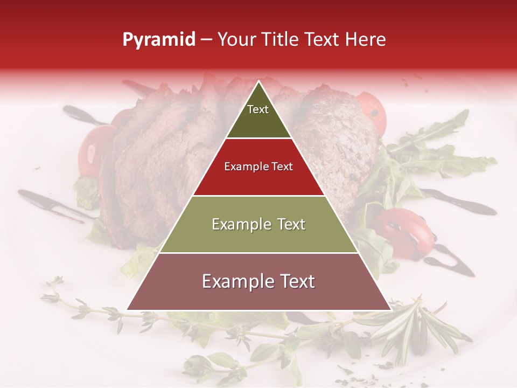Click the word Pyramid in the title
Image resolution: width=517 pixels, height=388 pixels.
coord(159,40)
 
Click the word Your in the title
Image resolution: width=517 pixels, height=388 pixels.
coord(235,40)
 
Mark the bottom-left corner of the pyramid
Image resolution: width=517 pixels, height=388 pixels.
coord(127,309)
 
